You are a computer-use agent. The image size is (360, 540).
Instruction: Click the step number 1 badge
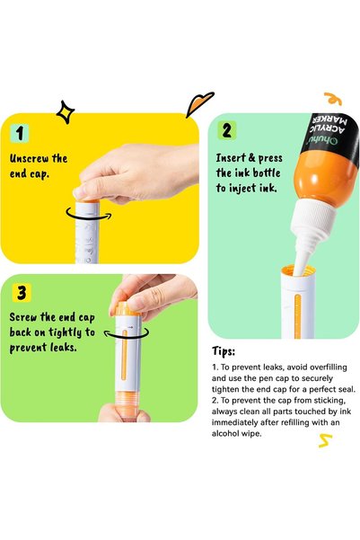[20, 133]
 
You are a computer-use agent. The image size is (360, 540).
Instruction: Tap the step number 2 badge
[227, 130]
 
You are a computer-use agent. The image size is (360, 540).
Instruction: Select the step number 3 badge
[22, 293]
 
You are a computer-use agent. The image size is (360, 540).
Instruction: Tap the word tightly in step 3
[65, 332]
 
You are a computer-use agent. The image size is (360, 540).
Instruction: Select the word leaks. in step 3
[64, 347]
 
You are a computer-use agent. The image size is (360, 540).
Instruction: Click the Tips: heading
[224, 351]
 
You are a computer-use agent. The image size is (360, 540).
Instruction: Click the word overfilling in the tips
[325, 367]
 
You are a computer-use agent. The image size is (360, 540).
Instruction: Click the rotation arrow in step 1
[89, 214]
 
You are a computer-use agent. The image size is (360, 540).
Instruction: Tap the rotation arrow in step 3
[127, 333]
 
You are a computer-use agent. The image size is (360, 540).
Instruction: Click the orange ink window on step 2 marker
[298, 317]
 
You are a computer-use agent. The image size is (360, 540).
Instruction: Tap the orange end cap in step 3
[127, 309]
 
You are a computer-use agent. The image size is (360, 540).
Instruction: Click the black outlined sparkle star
[66, 112]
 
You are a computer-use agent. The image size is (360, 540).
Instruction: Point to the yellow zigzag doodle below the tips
[325, 441]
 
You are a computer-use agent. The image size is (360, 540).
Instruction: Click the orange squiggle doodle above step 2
[333, 99]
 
